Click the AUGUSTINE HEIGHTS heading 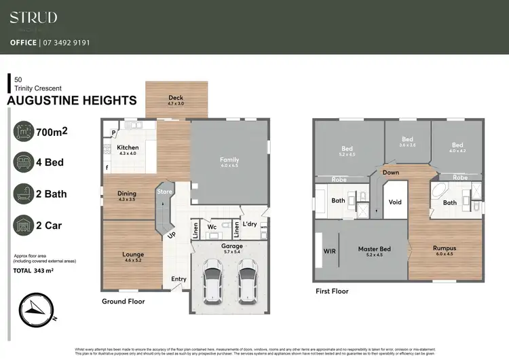coord(71,101)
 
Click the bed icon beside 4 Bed coord(24,162)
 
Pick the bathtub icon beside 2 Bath coord(24,194)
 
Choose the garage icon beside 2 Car coord(24,225)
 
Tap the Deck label coord(176,98)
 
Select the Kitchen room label coord(128,147)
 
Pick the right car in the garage coord(247,283)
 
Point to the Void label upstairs coord(394,202)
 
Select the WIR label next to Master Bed coord(330,251)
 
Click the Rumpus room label coord(445,249)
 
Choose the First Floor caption coord(332,291)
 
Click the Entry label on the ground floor coord(178,279)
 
